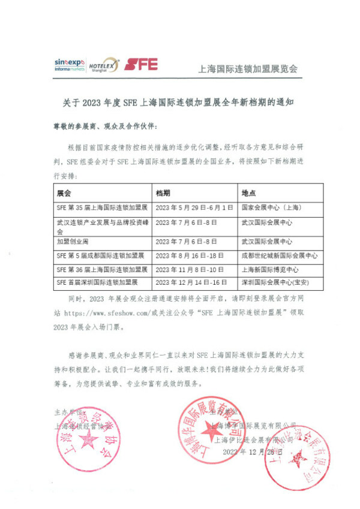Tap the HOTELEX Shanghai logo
[x=103, y=65]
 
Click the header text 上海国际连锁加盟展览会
[x=247, y=68]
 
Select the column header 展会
[x=64, y=194]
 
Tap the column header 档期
[x=163, y=194]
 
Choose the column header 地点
[x=248, y=194]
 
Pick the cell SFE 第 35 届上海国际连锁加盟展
[x=102, y=207]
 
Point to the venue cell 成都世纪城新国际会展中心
[x=279, y=255]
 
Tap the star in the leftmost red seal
[x=89, y=442]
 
